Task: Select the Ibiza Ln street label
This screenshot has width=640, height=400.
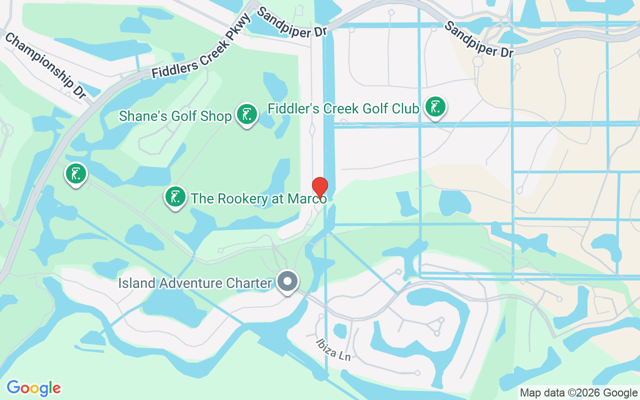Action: [333, 349]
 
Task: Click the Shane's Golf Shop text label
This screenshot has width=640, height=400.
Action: [175, 116]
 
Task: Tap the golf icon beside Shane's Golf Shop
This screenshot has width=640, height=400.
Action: [246, 114]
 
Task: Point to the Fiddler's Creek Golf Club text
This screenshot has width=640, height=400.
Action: [343, 108]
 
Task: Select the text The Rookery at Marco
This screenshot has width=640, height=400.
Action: [258, 198]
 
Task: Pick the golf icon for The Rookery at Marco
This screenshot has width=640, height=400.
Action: [175, 197]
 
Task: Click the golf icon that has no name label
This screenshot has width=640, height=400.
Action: [75, 174]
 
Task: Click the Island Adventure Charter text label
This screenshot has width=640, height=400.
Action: [195, 283]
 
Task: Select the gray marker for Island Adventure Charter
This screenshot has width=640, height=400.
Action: [287, 281]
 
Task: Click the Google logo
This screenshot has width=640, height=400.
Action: [34, 388]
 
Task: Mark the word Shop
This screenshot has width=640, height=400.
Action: [219, 116]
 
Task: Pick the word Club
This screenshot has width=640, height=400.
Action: [405, 108]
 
